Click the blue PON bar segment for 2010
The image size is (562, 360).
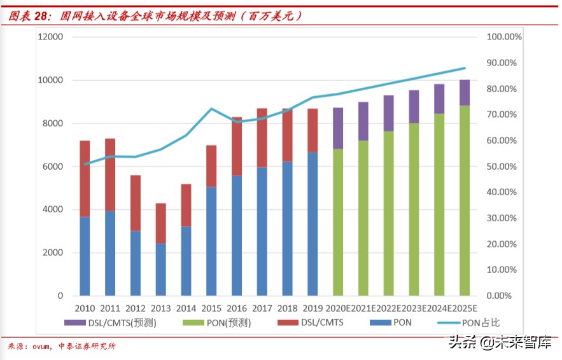pos(85,256)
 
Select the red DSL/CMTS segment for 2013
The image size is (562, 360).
pos(160,223)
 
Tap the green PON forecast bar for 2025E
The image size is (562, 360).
pos(465,200)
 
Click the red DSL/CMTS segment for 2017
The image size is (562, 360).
pos(262,138)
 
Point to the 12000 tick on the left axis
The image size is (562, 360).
pos(50,37)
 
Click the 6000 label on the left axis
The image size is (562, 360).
pos(53,167)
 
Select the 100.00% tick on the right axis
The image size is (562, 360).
pos(504,37)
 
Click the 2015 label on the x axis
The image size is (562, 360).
pos(211,308)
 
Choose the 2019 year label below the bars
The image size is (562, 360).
pos(313,308)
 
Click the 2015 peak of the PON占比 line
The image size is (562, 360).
pos(211,109)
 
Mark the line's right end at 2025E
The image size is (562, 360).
pos(465,68)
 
